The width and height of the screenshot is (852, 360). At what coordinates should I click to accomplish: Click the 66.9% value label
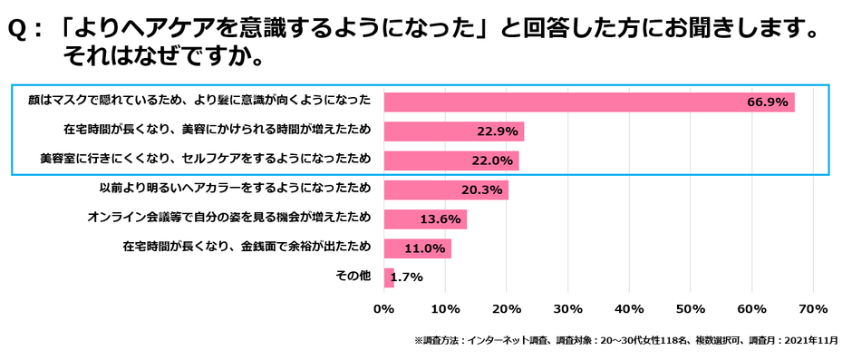(767, 102)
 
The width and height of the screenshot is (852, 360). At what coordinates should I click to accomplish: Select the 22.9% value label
(497, 131)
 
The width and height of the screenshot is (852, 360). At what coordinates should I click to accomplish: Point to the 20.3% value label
(481, 190)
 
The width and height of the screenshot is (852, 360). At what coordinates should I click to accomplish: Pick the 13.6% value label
(441, 219)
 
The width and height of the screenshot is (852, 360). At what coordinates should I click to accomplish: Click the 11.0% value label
(425, 248)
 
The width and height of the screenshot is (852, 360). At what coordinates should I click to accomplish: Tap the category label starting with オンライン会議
(229, 218)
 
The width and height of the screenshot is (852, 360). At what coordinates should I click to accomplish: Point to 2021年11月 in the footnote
(810, 341)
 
